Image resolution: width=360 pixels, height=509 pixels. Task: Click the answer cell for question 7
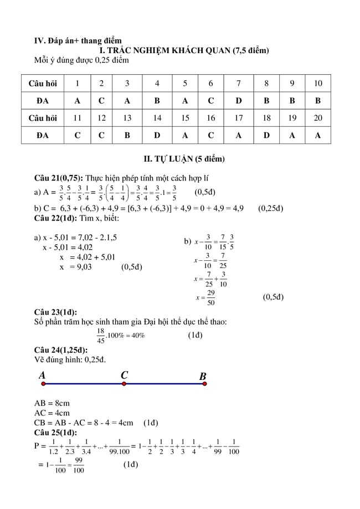point(238,101)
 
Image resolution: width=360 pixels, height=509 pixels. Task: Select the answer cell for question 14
point(157,135)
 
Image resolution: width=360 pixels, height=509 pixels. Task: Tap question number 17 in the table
point(238,118)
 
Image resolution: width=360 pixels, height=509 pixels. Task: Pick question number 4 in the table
point(157,84)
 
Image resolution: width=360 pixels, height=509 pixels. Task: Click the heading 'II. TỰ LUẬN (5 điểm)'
point(184,159)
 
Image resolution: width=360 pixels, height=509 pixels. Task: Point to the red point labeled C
point(124,383)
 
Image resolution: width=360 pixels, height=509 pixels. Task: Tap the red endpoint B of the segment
point(204,383)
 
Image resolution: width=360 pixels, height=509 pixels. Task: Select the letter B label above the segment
point(203,377)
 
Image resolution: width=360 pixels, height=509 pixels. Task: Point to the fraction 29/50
point(211,297)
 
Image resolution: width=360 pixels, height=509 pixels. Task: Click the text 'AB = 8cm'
point(52,403)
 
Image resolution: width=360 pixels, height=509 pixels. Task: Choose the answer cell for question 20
point(318,135)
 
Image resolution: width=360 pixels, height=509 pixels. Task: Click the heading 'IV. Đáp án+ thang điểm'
point(78,40)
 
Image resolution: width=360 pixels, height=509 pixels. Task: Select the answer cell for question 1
point(77,101)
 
